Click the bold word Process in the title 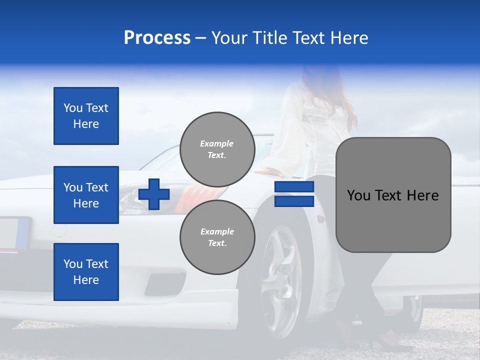pyautogui.click(x=157, y=38)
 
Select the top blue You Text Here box pyautogui.click(x=86, y=116)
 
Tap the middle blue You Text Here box pyautogui.click(x=86, y=195)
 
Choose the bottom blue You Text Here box pyautogui.click(x=86, y=272)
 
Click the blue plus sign pyautogui.click(x=154, y=194)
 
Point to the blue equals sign pyautogui.click(x=294, y=194)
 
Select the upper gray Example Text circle pyautogui.click(x=217, y=149)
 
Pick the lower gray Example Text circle pyautogui.click(x=217, y=237)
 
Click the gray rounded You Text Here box pyautogui.click(x=393, y=194)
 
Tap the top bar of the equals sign pyautogui.click(x=294, y=187)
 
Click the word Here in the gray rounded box pyautogui.click(x=423, y=195)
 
